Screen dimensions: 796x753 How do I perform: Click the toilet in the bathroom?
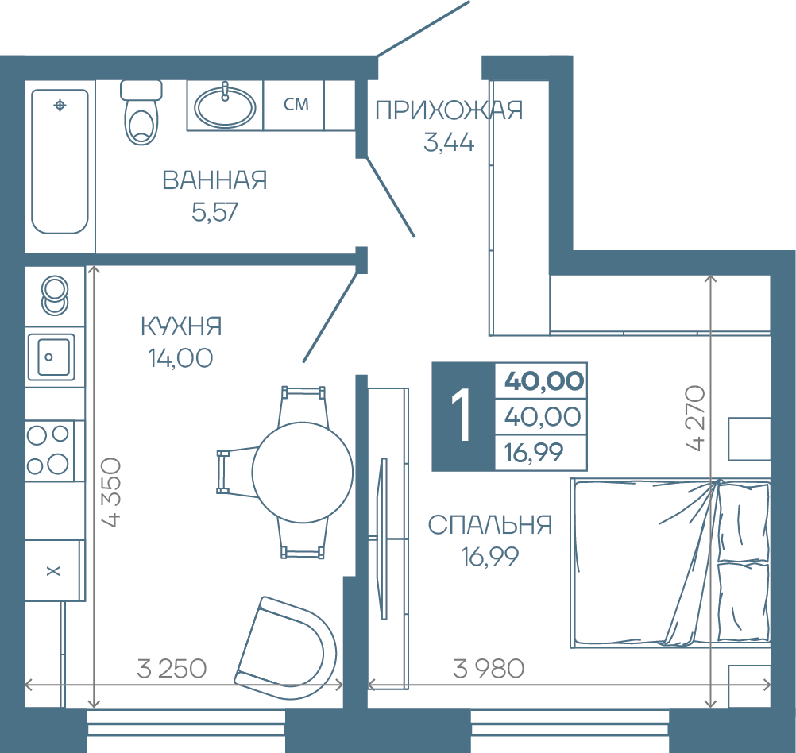[x=141, y=112]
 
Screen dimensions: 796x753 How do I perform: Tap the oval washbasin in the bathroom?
[x=225, y=106]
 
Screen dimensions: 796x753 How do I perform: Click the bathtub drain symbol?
[x=60, y=105]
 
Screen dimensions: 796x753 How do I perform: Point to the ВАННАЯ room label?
[x=214, y=180]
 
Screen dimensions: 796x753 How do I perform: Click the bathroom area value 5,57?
[x=214, y=212]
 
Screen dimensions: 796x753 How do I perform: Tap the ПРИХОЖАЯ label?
[x=449, y=110]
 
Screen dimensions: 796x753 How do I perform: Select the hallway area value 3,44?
[x=449, y=142]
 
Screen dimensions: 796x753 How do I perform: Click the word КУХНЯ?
[x=181, y=326]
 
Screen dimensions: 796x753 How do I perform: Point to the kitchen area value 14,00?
[x=180, y=358]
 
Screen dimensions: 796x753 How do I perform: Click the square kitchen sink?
[x=51, y=357]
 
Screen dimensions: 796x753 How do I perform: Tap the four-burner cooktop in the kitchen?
[x=49, y=450]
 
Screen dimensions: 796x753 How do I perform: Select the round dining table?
[x=303, y=473]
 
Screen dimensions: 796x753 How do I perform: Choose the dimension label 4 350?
[x=112, y=492]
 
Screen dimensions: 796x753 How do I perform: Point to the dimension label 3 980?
[x=489, y=668]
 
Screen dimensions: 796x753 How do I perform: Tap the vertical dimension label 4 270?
[x=695, y=418]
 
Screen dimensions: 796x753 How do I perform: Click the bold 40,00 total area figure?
[x=543, y=380]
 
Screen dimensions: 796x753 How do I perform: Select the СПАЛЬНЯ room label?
[x=490, y=524]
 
